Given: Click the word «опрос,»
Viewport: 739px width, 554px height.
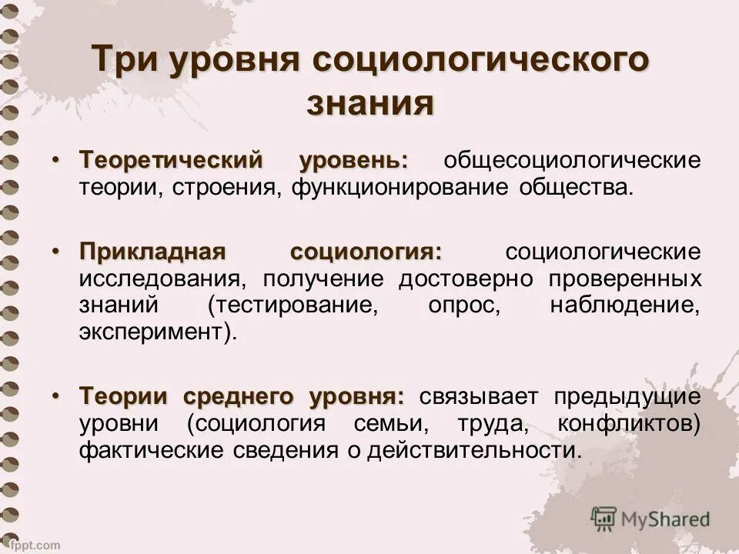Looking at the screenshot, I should [x=464, y=305].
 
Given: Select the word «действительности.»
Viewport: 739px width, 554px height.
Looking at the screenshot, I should [x=472, y=449].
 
